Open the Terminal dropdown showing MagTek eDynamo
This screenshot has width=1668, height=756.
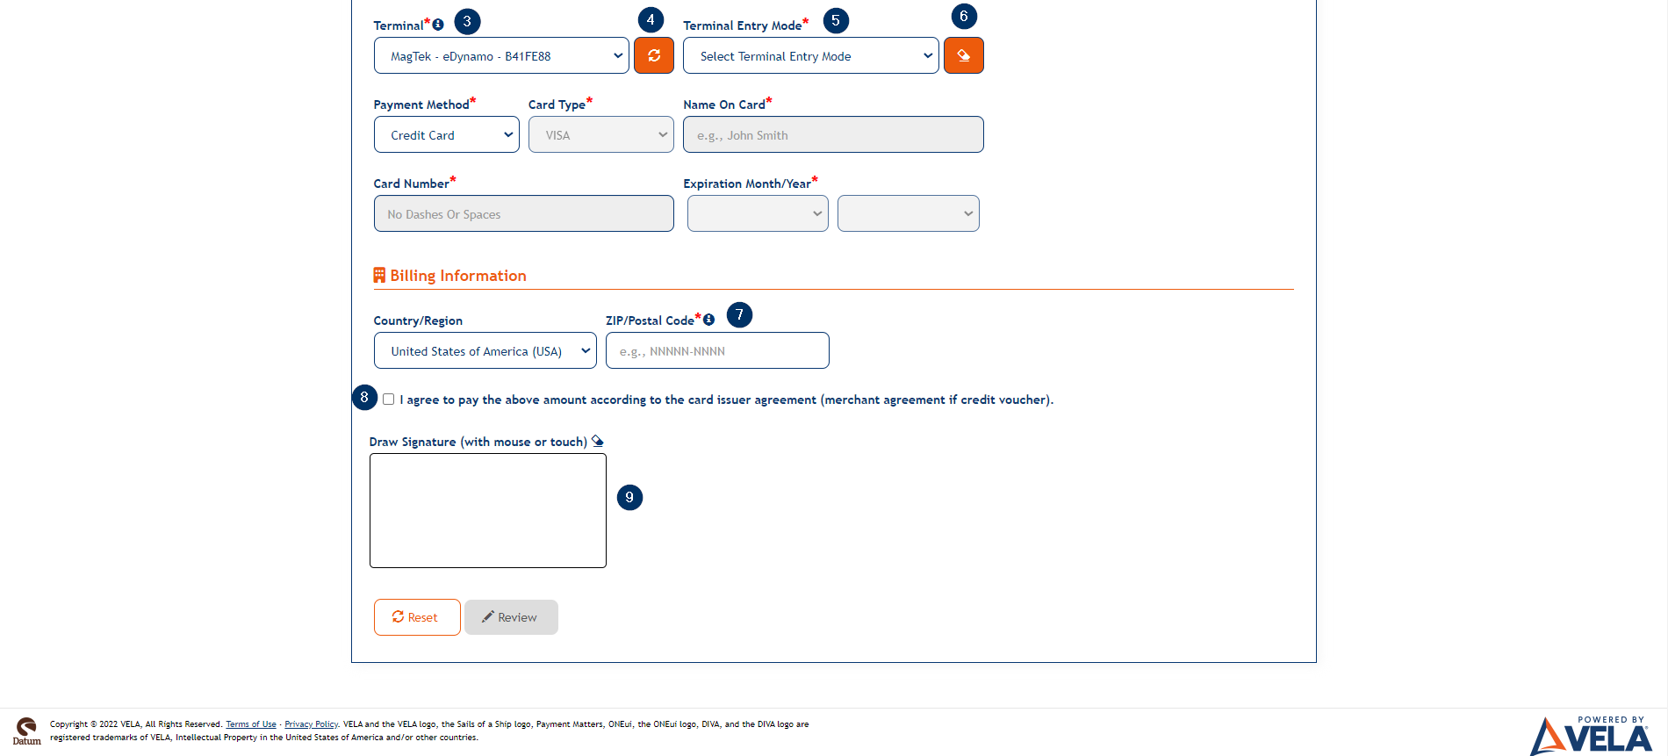click(500, 56)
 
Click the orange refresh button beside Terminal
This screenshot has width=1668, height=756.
click(654, 55)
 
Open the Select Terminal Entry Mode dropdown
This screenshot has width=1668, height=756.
click(810, 56)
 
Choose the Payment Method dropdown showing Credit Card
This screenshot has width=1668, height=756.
click(446, 135)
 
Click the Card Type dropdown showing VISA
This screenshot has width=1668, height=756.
click(600, 135)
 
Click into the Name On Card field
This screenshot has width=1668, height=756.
click(832, 135)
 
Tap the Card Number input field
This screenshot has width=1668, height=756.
click(523, 214)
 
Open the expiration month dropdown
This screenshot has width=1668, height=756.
click(758, 214)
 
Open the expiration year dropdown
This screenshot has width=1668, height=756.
click(908, 214)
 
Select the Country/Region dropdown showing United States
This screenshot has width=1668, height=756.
click(485, 351)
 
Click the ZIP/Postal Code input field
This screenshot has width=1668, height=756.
click(716, 351)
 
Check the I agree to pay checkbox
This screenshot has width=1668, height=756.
click(388, 400)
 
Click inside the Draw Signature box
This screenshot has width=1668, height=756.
click(487, 511)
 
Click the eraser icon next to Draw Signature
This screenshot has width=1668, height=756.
click(598, 442)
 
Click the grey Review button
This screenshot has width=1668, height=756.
click(511, 617)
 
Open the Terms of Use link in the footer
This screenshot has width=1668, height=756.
click(251, 724)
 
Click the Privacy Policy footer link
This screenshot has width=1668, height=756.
click(311, 724)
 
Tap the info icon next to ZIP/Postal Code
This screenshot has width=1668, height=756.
click(708, 320)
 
